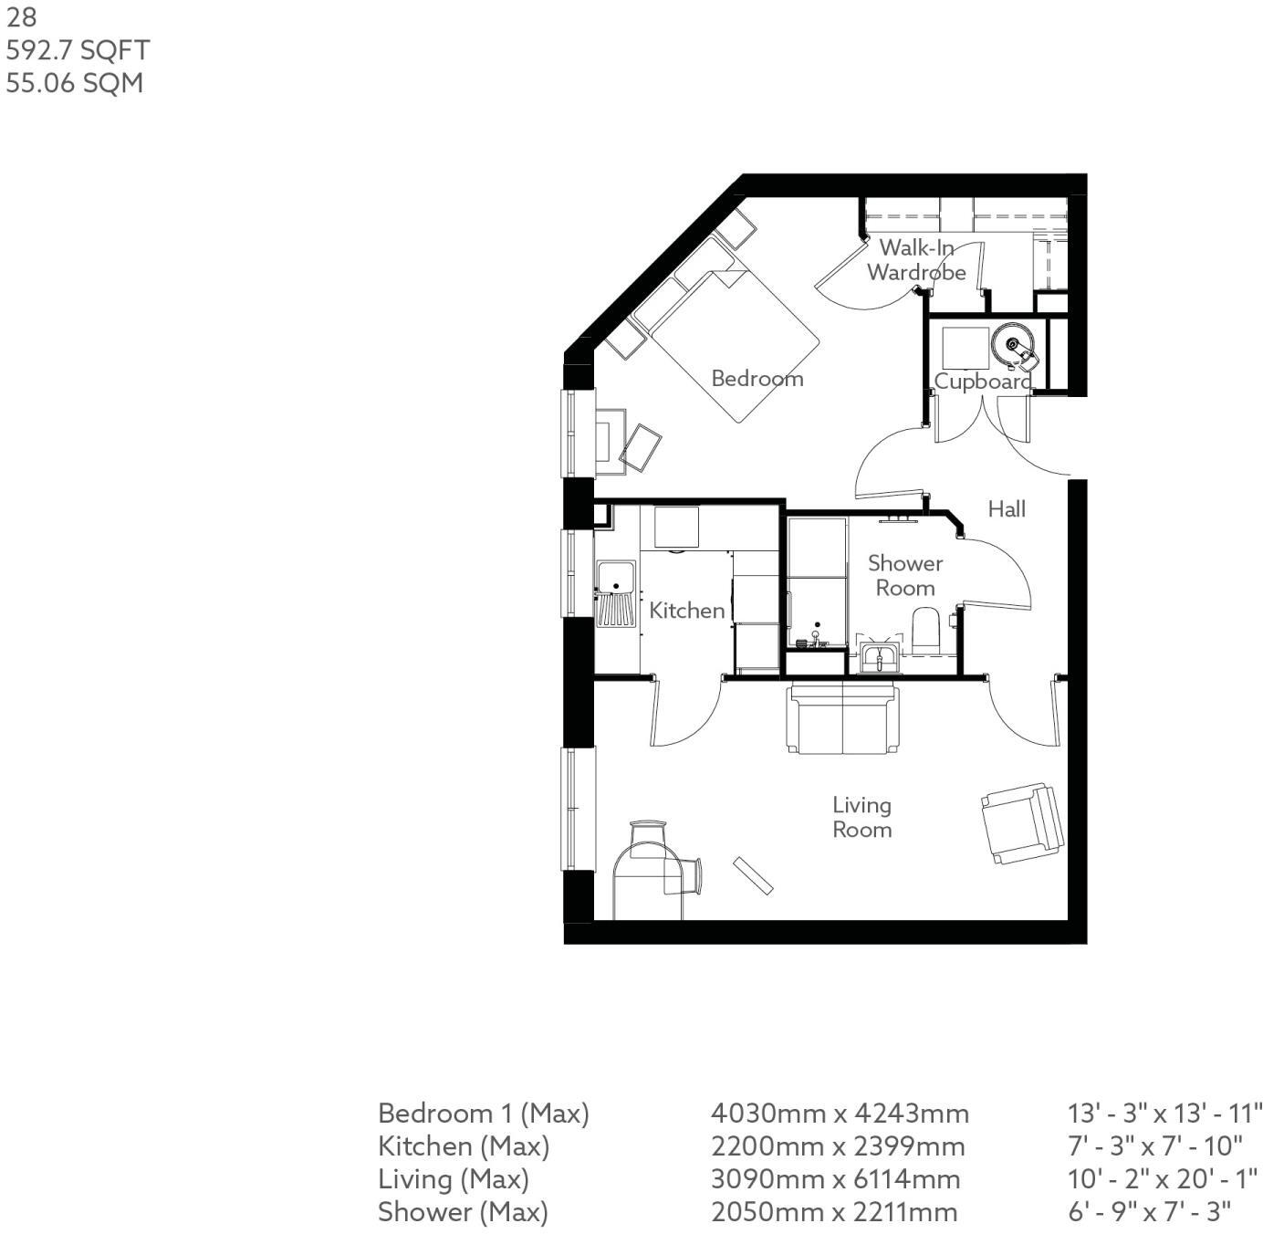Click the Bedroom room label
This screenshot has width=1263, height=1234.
757,378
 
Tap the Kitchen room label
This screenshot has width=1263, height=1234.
686,610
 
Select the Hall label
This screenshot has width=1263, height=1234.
1007,508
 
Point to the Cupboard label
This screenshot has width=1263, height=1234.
983,382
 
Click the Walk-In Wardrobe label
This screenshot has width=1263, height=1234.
916,260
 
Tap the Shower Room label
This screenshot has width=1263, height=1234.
904,575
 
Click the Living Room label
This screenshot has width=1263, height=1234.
861,817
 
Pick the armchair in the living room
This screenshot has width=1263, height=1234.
1022,822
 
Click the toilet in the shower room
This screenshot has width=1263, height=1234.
925,630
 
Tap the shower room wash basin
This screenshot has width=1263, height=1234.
879,656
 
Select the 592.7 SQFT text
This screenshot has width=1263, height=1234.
78,50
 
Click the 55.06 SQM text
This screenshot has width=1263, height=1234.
75,83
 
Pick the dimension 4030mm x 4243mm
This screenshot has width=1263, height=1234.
840,1114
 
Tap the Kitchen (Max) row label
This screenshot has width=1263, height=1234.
464,1146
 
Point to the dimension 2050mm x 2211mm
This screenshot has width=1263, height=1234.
834,1212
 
